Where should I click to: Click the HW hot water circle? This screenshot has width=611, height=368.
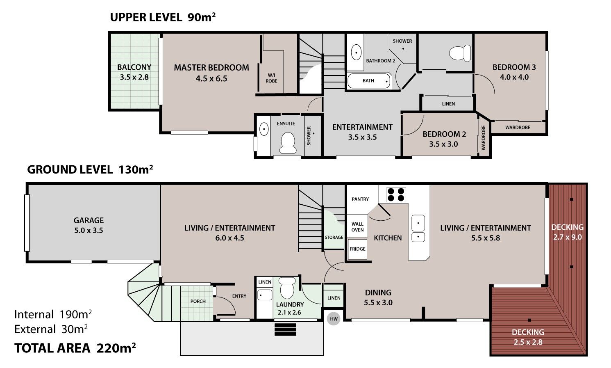[334, 319]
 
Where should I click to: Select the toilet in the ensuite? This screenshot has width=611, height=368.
[288, 143]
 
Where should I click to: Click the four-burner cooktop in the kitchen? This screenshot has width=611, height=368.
[396, 194]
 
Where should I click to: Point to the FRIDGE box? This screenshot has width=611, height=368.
[357, 249]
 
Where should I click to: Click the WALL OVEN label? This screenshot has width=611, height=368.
[357, 227]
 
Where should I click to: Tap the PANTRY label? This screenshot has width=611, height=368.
[360, 199]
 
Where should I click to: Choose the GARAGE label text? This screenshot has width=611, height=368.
[89, 220]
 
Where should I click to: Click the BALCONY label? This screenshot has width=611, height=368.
[134, 67]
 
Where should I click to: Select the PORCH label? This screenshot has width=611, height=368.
[198, 301]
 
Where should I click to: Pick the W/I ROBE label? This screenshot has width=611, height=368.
[271, 78]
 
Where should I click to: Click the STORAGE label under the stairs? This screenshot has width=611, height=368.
[334, 237]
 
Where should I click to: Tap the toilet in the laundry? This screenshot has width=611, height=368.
[287, 288]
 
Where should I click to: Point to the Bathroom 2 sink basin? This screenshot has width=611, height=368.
[356, 52]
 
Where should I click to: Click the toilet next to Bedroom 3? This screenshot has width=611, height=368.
[460, 53]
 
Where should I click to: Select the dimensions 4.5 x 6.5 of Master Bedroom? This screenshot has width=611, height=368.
[211, 79]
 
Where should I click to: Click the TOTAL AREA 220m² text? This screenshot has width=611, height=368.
[75, 348]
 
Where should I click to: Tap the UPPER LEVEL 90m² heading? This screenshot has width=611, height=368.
[163, 17]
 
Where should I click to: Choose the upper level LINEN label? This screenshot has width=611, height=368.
[448, 104]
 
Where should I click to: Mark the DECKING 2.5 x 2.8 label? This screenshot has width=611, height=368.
[528, 337]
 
